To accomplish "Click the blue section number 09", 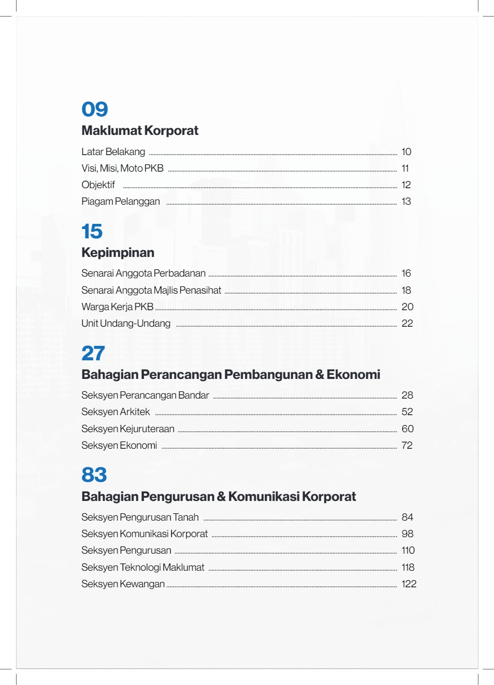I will point(95,109).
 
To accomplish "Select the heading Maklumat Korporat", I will point(140,131).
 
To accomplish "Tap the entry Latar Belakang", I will point(113,152).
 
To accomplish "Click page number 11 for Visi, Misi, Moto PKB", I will point(405,169).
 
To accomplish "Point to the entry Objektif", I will point(98,185).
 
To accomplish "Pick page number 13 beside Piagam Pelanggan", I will point(406,202).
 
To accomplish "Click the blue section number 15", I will point(92,231).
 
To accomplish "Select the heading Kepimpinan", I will point(118,253).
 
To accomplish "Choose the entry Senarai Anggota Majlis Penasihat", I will point(151,291).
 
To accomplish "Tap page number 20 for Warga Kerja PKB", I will point(407,307).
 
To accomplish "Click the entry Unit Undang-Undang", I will point(126,324).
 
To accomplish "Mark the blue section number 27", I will point(93,353).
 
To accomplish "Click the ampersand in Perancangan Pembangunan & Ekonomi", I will point(320,375).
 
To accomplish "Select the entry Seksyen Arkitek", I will point(115,412).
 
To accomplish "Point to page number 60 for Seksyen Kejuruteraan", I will point(407,429).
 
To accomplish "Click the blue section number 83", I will point(94,475).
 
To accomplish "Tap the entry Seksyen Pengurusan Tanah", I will point(140,517).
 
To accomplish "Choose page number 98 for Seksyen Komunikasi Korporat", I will point(407,534).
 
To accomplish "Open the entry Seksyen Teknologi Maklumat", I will point(143,568).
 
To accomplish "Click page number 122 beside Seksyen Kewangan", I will point(409,584).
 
